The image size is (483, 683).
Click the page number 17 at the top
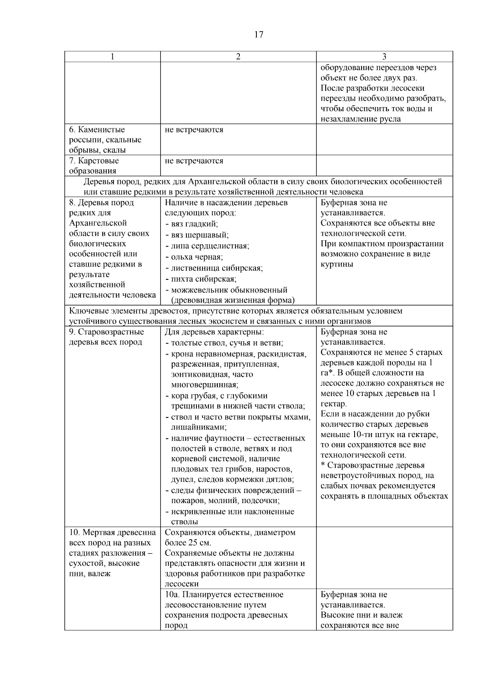tap(259, 35)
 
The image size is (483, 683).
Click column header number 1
tap(112, 57)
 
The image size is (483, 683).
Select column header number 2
tap(238, 57)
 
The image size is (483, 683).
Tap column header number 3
tap(384, 57)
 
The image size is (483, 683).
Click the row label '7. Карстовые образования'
tap(94, 165)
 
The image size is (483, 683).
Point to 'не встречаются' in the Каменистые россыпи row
tap(194, 130)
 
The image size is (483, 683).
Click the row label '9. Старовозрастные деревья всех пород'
tap(106, 337)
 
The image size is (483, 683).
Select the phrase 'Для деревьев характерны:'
tap(214, 332)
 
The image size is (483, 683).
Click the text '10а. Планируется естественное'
tap(224, 594)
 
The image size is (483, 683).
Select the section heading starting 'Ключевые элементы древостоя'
tap(235, 311)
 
